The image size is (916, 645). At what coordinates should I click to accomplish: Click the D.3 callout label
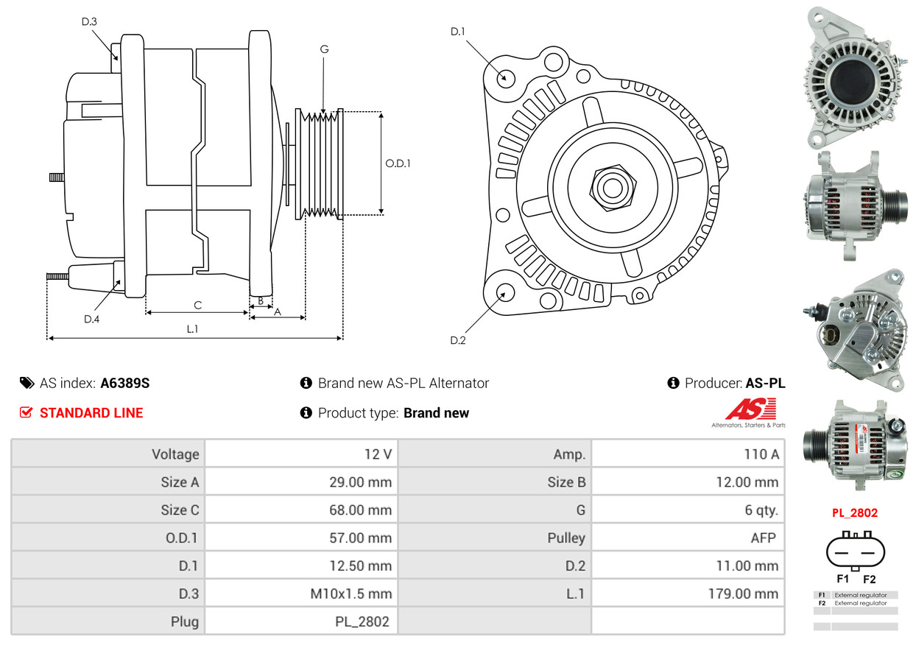pyautogui.click(x=89, y=21)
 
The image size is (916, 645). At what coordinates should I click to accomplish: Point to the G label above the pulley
pyautogui.click(x=324, y=49)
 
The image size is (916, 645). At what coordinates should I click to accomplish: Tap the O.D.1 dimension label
pyautogui.click(x=398, y=163)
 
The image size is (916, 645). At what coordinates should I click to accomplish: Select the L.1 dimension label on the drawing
pyautogui.click(x=192, y=329)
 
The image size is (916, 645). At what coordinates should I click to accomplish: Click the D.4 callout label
pyautogui.click(x=91, y=319)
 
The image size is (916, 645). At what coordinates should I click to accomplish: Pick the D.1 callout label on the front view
pyautogui.click(x=457, y=32)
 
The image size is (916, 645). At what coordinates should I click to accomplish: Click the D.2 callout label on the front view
pyautogui.click(x=457, y=340)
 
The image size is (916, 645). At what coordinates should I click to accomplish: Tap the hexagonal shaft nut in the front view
pyautogui.click(x=613, y=188)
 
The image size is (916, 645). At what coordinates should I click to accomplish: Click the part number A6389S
pyautogui.click(x=125, y=383)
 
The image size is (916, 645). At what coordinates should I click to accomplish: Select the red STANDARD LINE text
pyautogui.click(x=91, y=412)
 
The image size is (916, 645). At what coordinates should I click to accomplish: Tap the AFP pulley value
pyautogui.click(x=763, y=537)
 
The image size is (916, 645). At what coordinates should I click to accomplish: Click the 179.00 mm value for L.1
pyautogui.click(x=743, y=593)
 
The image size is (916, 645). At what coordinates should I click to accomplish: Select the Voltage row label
pyautogui.click(x=175, y=454)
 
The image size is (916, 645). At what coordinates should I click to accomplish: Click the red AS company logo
pyautogui.click(x=751, y=409)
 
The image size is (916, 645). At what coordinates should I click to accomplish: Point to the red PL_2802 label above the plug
pyautogui.click(x=855, y=513)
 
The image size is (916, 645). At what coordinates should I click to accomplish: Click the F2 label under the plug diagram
pyautogui.click(x=869, y=579)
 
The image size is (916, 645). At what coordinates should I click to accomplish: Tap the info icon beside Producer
pyautogui.click(x=673, y=383)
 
